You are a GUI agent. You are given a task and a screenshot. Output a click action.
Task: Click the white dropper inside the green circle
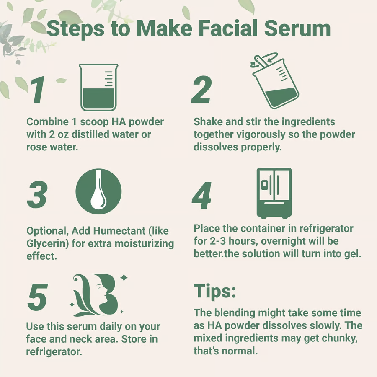[99, 194]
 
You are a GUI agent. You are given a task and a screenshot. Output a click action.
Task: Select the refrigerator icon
[274, 193]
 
